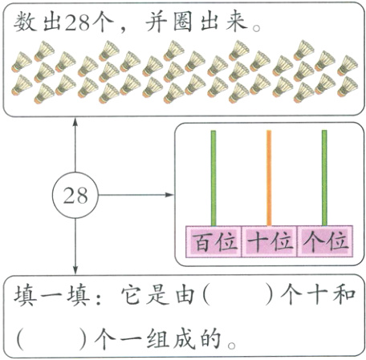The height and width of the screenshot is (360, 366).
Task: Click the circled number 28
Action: [75, 195]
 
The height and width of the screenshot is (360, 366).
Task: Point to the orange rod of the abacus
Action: [269, 176]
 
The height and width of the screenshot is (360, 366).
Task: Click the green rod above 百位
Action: [213, 176]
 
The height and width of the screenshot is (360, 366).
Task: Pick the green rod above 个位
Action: [324, 176]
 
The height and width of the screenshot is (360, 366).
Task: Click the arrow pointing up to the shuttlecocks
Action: [75, 128]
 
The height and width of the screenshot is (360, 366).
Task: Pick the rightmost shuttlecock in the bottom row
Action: [347, 87]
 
